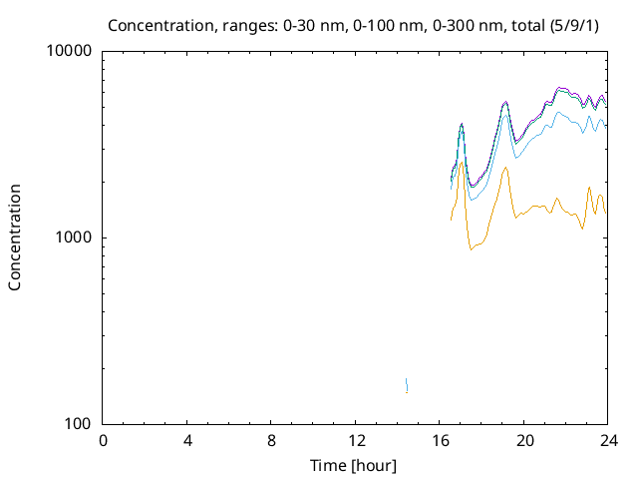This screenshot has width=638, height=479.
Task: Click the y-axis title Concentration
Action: pyautogui.click(x=15, y=237)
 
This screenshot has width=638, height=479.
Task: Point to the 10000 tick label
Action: pyautogui.click(x=70, y=52)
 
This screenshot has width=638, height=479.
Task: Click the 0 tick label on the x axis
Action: pyautogui.click(x=103, y=442)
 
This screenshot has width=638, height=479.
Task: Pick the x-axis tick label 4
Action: pyautogui.click(x=187, y=442)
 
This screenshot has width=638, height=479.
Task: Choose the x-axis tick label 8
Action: pyautogui.click(x=272, y=442)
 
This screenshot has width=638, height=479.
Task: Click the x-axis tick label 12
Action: pyautogui.click(x=356, y=442)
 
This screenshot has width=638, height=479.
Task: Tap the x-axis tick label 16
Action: pyautogui.click(x=441, y=442)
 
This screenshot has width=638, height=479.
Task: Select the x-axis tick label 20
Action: pyautogui.click(x=525, y=442)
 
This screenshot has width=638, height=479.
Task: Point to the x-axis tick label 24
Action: pyautogui.click(x=609, y=442)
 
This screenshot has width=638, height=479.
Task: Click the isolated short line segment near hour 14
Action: pyautogui.click(x=407, y=385)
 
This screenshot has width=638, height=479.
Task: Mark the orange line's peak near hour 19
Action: pyautogui.click(x=505, y=168)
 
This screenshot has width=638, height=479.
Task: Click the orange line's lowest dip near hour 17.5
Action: pyautogui.click(x=471, y=248)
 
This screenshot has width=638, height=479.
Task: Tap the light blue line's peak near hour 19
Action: pyautogui.click(x=505, y=115)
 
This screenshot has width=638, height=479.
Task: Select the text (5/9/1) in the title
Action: pyautogui.click(x=577, y=24)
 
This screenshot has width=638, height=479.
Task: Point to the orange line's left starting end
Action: pyautogui.click(x=452, y=220)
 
